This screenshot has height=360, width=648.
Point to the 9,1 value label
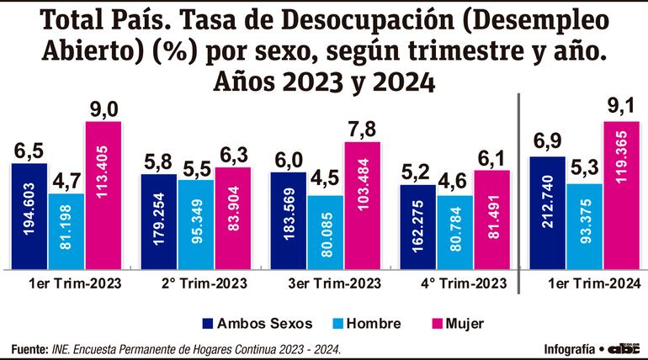coord(621,108)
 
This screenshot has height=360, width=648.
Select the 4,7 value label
coord(66,180)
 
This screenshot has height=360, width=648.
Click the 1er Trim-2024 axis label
coord(584,283)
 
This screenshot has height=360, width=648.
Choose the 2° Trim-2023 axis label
coord(195,283)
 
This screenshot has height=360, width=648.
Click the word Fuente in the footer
coord(29,348)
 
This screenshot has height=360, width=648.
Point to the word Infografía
coord(566,348)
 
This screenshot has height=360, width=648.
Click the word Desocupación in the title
coord(374,19)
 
